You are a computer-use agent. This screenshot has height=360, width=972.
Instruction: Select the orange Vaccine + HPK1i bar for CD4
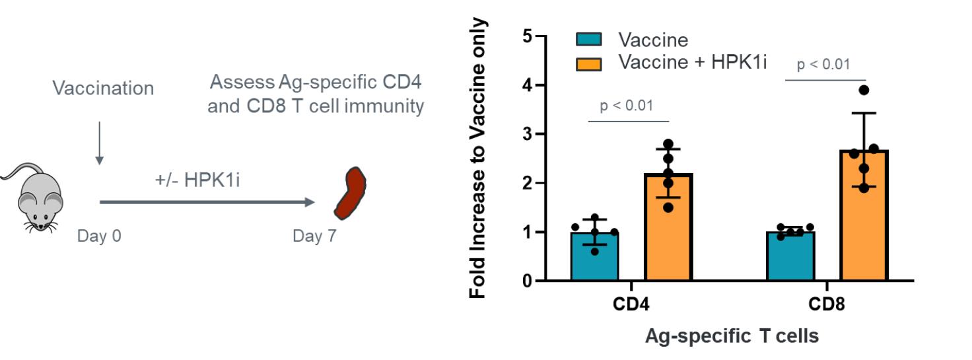click(669, 227)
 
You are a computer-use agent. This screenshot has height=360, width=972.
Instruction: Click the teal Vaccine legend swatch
click(589, 40)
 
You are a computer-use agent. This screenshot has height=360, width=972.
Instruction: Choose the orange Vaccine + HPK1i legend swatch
click(589, 63)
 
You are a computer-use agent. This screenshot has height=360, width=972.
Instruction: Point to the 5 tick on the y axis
click(526, 36)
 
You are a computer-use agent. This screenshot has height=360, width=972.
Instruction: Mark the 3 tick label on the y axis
click(526, 134)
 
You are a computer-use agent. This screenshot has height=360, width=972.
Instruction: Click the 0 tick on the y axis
click(526, 281)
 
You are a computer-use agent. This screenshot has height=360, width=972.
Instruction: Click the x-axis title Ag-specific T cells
click(732, 336)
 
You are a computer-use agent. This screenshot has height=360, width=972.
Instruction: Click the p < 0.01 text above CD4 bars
click(627, 106)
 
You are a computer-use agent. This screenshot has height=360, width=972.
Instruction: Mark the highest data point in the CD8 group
click(864, 90)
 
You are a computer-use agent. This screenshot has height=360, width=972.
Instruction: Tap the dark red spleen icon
click(350, 193)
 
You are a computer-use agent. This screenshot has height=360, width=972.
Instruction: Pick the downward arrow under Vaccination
click(99, 142)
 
